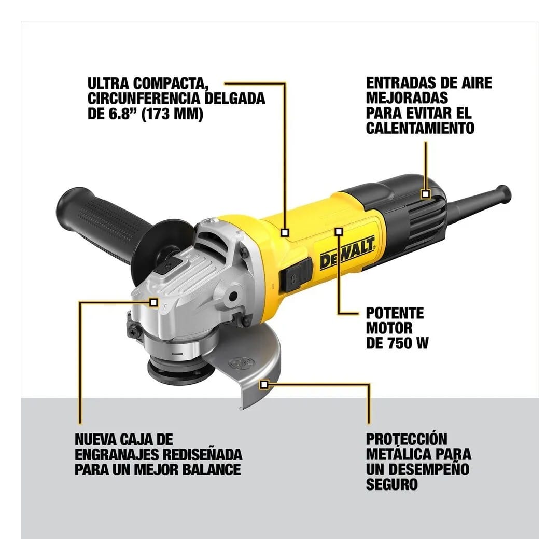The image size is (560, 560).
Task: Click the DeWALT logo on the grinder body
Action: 347,255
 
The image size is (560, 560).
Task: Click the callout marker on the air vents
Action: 425,194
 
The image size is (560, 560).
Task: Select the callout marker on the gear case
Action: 153,301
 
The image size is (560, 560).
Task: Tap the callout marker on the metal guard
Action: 265,384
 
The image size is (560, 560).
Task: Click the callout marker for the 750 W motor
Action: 339,231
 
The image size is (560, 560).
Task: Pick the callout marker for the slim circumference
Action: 285,233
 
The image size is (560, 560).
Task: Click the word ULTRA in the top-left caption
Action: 107,83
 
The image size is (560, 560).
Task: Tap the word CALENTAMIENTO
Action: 420,128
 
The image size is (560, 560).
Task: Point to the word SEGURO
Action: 391,485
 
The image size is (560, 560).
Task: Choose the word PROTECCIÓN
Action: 406,439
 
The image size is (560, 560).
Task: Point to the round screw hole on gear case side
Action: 233,296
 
